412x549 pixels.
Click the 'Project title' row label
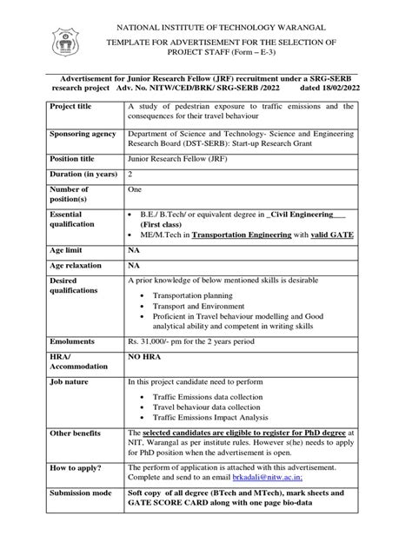point(74,107)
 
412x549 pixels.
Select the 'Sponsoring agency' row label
point(83,135)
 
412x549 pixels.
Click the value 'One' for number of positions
point(135,188)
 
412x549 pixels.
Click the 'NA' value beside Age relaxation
point(135,264)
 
